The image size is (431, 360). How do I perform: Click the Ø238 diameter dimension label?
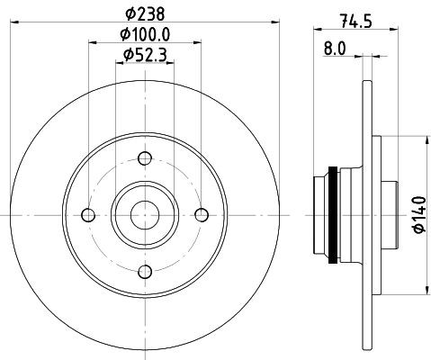coord(145,13)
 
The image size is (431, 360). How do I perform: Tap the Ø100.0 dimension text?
coord(145,34)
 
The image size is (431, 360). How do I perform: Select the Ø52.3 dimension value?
coord(145,55)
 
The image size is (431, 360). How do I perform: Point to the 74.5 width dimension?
coord(356,22)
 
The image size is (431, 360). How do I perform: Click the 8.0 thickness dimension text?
coord(335,49)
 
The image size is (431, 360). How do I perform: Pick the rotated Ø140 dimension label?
coord(419,214)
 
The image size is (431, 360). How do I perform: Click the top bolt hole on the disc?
coord(145,158)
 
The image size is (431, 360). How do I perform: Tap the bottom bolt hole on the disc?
coord(145,272)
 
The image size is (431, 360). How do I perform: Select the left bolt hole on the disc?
coord(88,215)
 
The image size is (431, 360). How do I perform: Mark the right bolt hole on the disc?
coord(202,215)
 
